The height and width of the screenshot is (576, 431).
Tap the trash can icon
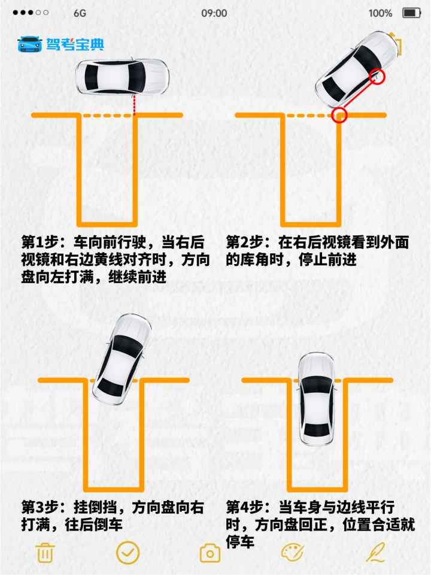(x=45, y=553)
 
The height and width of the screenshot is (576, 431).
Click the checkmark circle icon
(x=128, y=553)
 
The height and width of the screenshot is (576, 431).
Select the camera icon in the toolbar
(x=210, y=553)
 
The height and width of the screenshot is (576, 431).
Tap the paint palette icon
(x=292, y=553)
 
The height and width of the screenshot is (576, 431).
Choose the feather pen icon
(x=375, y=552)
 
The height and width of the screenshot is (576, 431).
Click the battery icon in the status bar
(x=411, y=13)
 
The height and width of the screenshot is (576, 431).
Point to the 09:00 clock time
(x=214, y=13)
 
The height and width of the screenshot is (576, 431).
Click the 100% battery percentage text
(x=380, y=13)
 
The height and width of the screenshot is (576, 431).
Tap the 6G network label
(x=80, y=13)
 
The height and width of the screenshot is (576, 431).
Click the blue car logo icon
(x=30, y=44)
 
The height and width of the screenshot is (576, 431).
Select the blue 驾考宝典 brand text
(x=75, y=44)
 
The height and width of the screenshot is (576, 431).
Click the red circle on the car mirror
(x=377, y=76)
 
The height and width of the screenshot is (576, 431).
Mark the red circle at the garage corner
(x=339, y=115)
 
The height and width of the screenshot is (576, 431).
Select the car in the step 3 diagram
(x=122, y=358)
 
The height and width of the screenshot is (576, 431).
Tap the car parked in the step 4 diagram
(x=317, y=399)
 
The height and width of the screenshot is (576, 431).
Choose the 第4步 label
(x=244, y=507)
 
